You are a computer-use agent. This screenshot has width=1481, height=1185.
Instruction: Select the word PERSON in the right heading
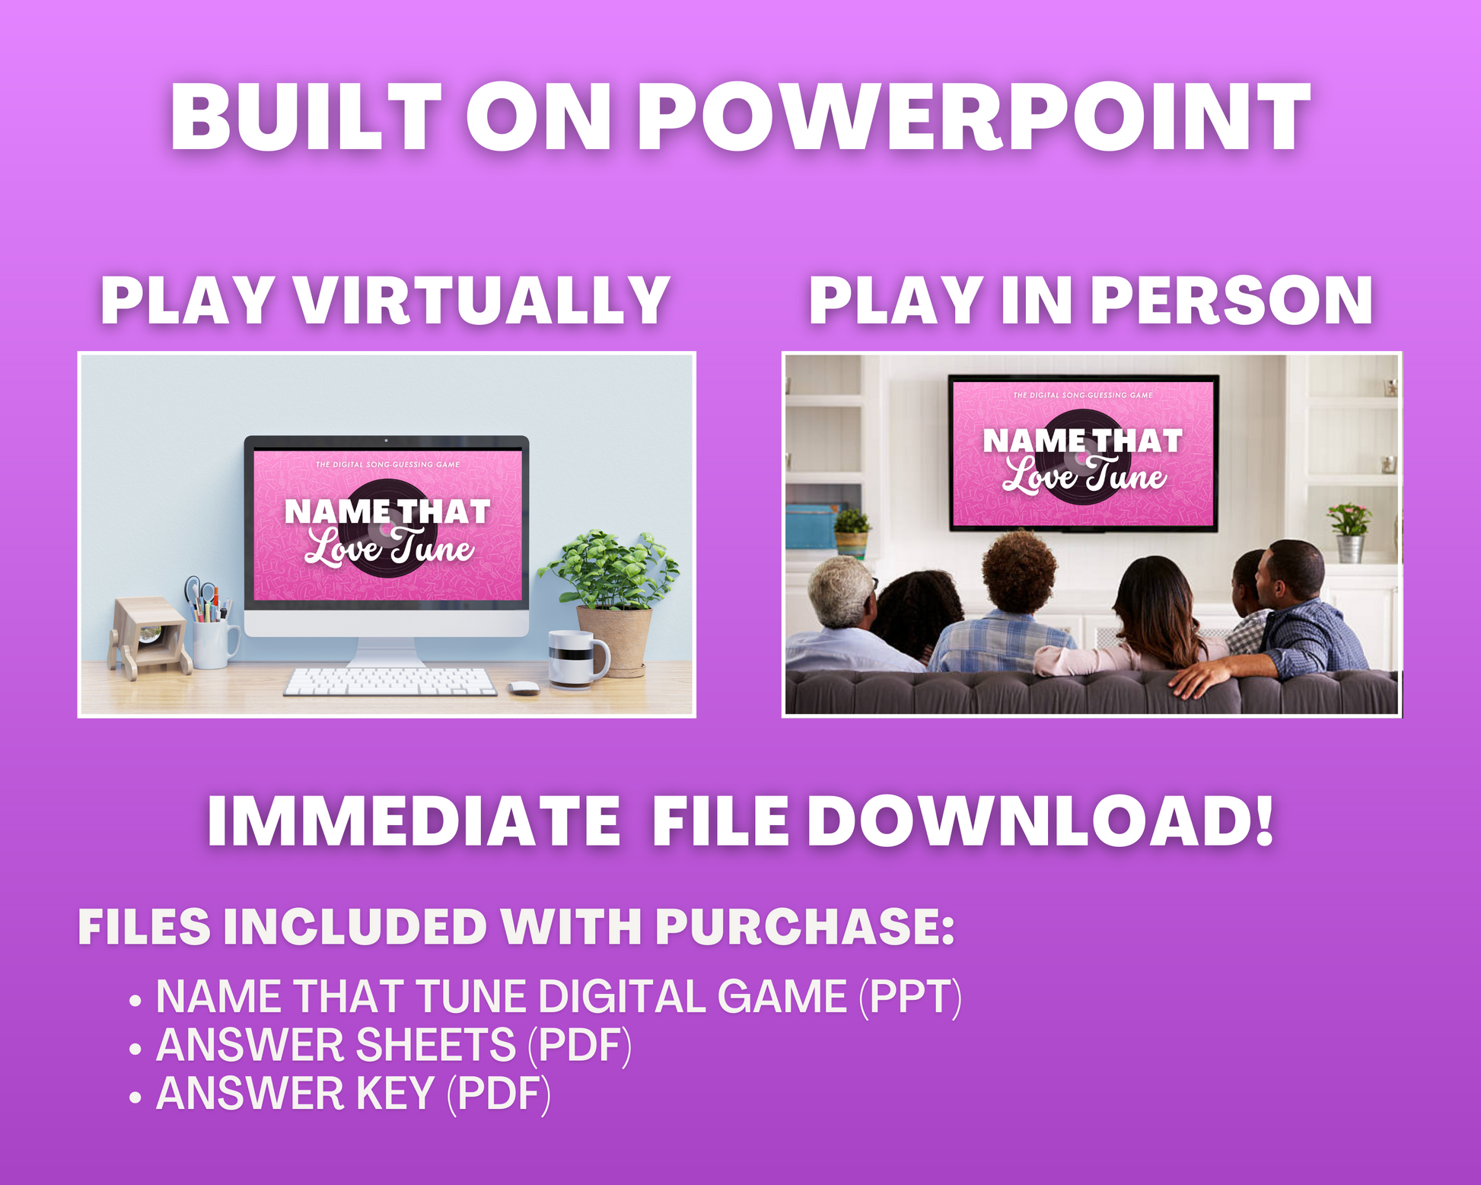(x=1232, y=301)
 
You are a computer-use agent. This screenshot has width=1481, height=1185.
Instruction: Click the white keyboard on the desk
(x=390, y=681)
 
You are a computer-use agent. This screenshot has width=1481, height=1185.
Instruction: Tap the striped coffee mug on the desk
(x=578, y=659)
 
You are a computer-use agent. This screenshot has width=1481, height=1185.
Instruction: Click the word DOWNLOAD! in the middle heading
(x=1040, y=821)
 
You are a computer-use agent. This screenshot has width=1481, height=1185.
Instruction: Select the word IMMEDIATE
(x=413, y=821)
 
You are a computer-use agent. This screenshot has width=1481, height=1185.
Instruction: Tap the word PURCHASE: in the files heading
(x=805, y=927)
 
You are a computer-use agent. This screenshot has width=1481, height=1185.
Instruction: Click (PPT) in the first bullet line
(x=910, y=997)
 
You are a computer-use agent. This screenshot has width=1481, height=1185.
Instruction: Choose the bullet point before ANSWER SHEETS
(x=135, y=1049)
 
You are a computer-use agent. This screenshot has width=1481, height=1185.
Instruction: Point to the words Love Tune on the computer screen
(x=390, y=547)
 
